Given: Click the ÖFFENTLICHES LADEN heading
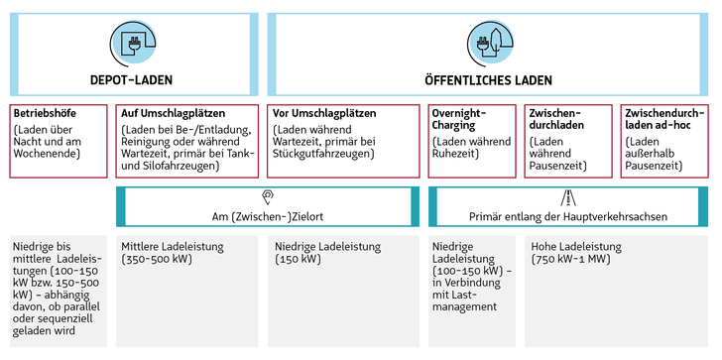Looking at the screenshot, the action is (489, 79).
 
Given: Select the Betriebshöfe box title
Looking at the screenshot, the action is (45, 113).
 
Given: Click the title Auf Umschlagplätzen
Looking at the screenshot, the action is (172, 113).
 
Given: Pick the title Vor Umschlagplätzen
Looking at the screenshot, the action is (325, 113).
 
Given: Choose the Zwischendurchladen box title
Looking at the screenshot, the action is (556, 119).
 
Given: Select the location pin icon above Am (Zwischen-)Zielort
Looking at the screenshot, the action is (268, 196).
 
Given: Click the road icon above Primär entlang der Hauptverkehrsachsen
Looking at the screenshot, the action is (568, 196).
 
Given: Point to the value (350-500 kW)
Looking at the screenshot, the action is (157, 260).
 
